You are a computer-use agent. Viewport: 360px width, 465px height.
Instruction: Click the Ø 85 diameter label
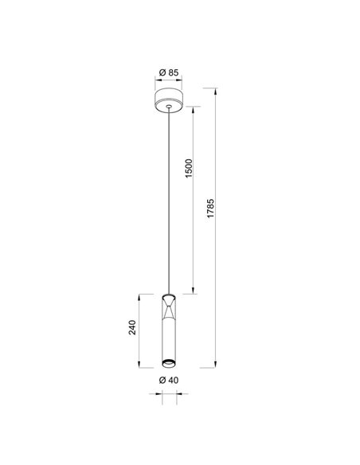coord(168,73)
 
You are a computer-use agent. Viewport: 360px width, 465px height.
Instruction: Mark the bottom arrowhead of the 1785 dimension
coord(217,367)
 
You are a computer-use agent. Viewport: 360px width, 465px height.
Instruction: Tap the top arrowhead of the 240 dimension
coord(143,294)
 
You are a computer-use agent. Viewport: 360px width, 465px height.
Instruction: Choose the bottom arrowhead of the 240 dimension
coord(143,367)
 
